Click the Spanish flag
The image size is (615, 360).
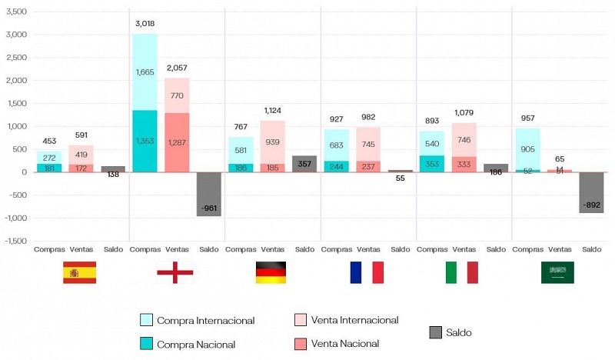click(x=79, y=272)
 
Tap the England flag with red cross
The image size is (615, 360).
click(x=175, y=272)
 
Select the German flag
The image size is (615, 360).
click(x=271, y=272)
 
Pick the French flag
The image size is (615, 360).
click(x=367, y=272)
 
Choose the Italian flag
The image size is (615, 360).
click(x=462, y=272)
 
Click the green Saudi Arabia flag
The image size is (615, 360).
click(x=557, y=272)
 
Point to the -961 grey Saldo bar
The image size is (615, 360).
click(x=208, y=194)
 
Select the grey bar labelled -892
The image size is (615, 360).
click(x=591, y=192)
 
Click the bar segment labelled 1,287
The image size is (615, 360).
click(x=177, y=142)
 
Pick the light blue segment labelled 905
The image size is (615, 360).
click(x=527, y=149)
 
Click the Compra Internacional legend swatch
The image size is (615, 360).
click(x=146, y=320)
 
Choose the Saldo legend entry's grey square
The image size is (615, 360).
click(x=436, y=332)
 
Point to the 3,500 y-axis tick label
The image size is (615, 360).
click(x=15, y=12)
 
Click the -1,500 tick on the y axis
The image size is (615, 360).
click(x=14, y=241)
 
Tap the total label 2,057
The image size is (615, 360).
click(x=177, y=68)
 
